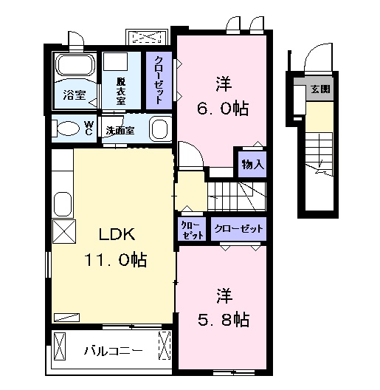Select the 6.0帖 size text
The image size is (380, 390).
pos(222,109)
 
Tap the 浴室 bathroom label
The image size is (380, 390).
pos(73,96)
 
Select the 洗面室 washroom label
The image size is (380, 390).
pos(119,130)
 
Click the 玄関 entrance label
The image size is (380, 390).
pos(320,90)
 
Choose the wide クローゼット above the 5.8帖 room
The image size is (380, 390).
pos(238,228)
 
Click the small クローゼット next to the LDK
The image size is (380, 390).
pos(190,228)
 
